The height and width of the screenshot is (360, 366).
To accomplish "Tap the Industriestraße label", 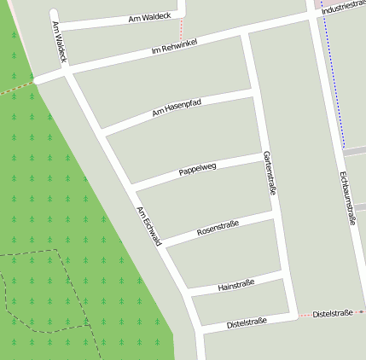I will coord(343,5).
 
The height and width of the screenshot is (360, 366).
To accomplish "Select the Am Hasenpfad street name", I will coord(176,107).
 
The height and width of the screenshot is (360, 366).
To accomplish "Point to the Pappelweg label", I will coord(198,169).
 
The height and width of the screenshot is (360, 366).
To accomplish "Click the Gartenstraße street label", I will coord(270,173).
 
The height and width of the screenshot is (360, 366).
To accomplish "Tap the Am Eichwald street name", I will coord(148,227).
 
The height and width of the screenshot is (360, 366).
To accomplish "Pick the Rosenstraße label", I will coord(218,228).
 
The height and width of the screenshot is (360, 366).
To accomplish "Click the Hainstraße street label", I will coord(237,284).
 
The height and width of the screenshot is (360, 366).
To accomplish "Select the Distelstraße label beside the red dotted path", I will coord(333,314).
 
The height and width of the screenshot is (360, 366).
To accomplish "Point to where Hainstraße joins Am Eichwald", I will coord(188,293).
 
